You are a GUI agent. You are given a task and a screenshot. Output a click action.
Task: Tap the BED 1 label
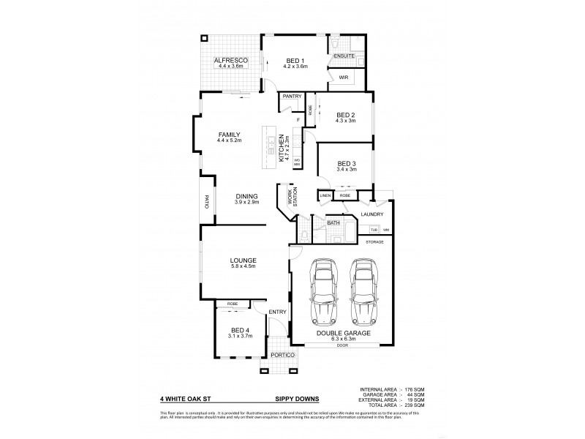(x=295, y=59)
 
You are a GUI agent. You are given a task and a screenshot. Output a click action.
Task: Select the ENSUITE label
(x=343, y=56)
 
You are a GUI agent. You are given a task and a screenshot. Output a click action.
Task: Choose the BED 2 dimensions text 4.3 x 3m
(x=346, y=121)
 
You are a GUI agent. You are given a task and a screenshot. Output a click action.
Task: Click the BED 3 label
(x=347, y=162)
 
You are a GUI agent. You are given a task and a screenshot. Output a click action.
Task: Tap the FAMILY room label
(x=229, y=135)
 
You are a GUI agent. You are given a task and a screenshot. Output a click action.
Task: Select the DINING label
(x=246, y=195)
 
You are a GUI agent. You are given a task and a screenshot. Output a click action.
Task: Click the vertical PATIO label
(x=207, y=201)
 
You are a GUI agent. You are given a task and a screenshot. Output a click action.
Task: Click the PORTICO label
(x=282, y=356)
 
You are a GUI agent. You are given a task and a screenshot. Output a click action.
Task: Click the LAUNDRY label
(x=373, y=214)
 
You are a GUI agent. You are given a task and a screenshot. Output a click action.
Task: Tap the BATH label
(x=333, y=222)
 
